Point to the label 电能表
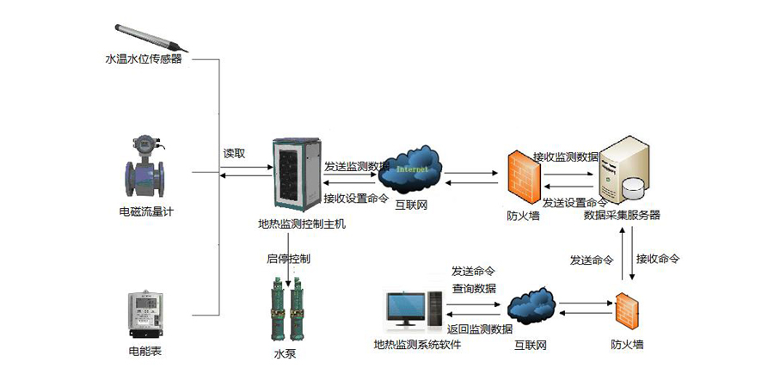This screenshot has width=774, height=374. pos(143,351)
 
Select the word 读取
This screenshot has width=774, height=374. pos(234,154)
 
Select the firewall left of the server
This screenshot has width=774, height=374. pos(523,176)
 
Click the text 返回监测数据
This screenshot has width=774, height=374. pos(481,329)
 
